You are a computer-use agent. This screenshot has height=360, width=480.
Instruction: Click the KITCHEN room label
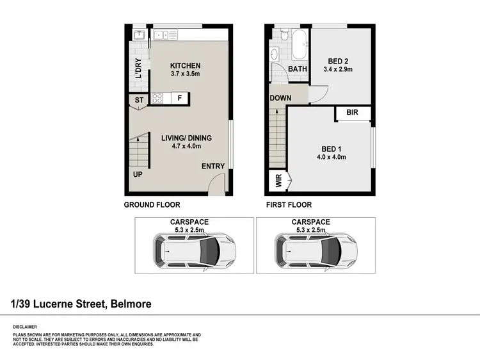click(186, 65)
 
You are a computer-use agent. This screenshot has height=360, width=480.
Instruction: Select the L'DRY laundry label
click(138, 68)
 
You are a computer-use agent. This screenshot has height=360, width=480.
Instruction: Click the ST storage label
click(138, 100)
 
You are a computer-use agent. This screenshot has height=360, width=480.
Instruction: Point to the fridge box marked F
click(180, 99)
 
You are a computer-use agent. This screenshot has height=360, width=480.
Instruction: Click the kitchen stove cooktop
click(157, 98)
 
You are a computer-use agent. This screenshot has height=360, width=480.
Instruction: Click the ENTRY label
click(213, 167)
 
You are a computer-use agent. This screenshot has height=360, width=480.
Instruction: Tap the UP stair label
click(138, 174)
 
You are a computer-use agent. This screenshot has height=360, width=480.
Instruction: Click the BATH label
click(297, 69)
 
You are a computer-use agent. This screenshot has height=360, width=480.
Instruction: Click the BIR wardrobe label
click(352, 113)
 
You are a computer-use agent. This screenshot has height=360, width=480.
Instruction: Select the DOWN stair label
click(280, 98)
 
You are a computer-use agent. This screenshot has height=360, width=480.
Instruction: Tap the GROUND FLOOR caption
click(152, 205)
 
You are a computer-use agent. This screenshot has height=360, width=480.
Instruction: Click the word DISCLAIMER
click(24, 326)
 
